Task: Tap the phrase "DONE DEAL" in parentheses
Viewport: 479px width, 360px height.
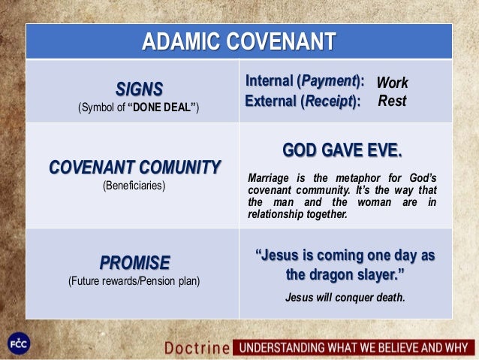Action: click(161, 108)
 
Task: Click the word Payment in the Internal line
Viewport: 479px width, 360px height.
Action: click(326, 80)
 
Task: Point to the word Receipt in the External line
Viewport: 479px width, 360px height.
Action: click(327, 99)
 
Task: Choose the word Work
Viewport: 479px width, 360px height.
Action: click(391, 81)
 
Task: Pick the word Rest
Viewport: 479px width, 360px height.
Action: click(391, 99)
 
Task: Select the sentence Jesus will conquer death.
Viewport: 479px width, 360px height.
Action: click(345, 298)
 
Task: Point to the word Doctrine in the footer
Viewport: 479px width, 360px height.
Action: click(197, 348)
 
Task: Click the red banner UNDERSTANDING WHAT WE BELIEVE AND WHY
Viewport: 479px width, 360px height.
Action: click(353, 348)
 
